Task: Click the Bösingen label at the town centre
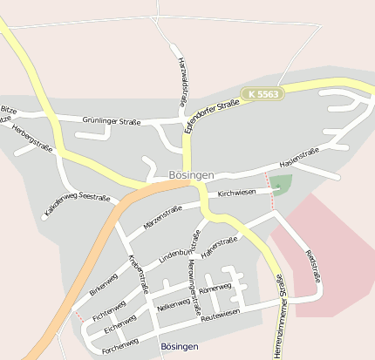[x=187, y=175]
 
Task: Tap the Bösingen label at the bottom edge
[x=180, y=347]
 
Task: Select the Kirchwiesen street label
[x=236, y=192]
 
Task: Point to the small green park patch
[x=280, y=184]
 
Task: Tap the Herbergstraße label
[x=32, y=138]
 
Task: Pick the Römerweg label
[x=215, y=288]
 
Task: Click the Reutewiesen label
[x=220, y=315]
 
